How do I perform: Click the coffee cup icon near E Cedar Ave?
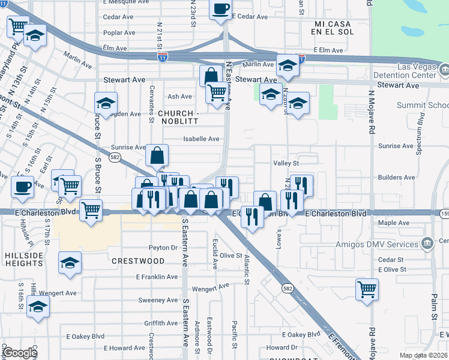[x=221, y=8]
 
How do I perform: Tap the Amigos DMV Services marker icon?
[x=427, y=244]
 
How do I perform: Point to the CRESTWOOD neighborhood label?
[x=138, y=261]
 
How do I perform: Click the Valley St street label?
[x=286, y=163]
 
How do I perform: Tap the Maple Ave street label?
[x=394, y=223]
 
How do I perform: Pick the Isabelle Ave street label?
[x=201, y=139]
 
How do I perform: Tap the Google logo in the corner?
[x=20, y=353]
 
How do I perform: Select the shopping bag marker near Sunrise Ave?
[x=156, y=156]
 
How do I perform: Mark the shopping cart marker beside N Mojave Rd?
[x=367, y=289]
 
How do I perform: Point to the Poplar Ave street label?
[x=119, y=33]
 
